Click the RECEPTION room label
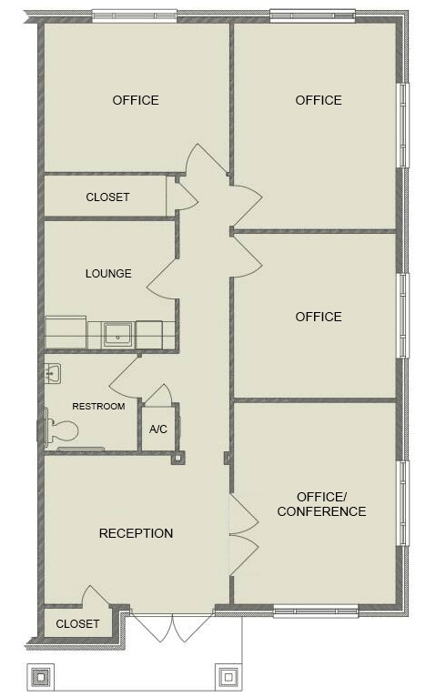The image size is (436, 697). pos(136,533)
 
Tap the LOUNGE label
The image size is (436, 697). pos(108,273)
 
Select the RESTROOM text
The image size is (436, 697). pos(98,406)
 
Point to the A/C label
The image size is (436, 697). pos(157,429)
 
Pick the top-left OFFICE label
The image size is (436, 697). pos(136,100)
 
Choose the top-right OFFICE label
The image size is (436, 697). pos(319,100)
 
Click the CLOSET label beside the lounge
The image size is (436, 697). pos(107,197)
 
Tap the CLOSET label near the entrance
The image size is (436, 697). pos(77,624)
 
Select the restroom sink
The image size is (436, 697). pos(53,372)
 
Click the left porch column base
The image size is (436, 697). pos(42,678)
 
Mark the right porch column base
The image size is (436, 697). pos(227,678)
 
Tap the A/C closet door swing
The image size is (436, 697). pos(158,395)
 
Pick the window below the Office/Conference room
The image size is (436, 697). pos(315,611)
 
